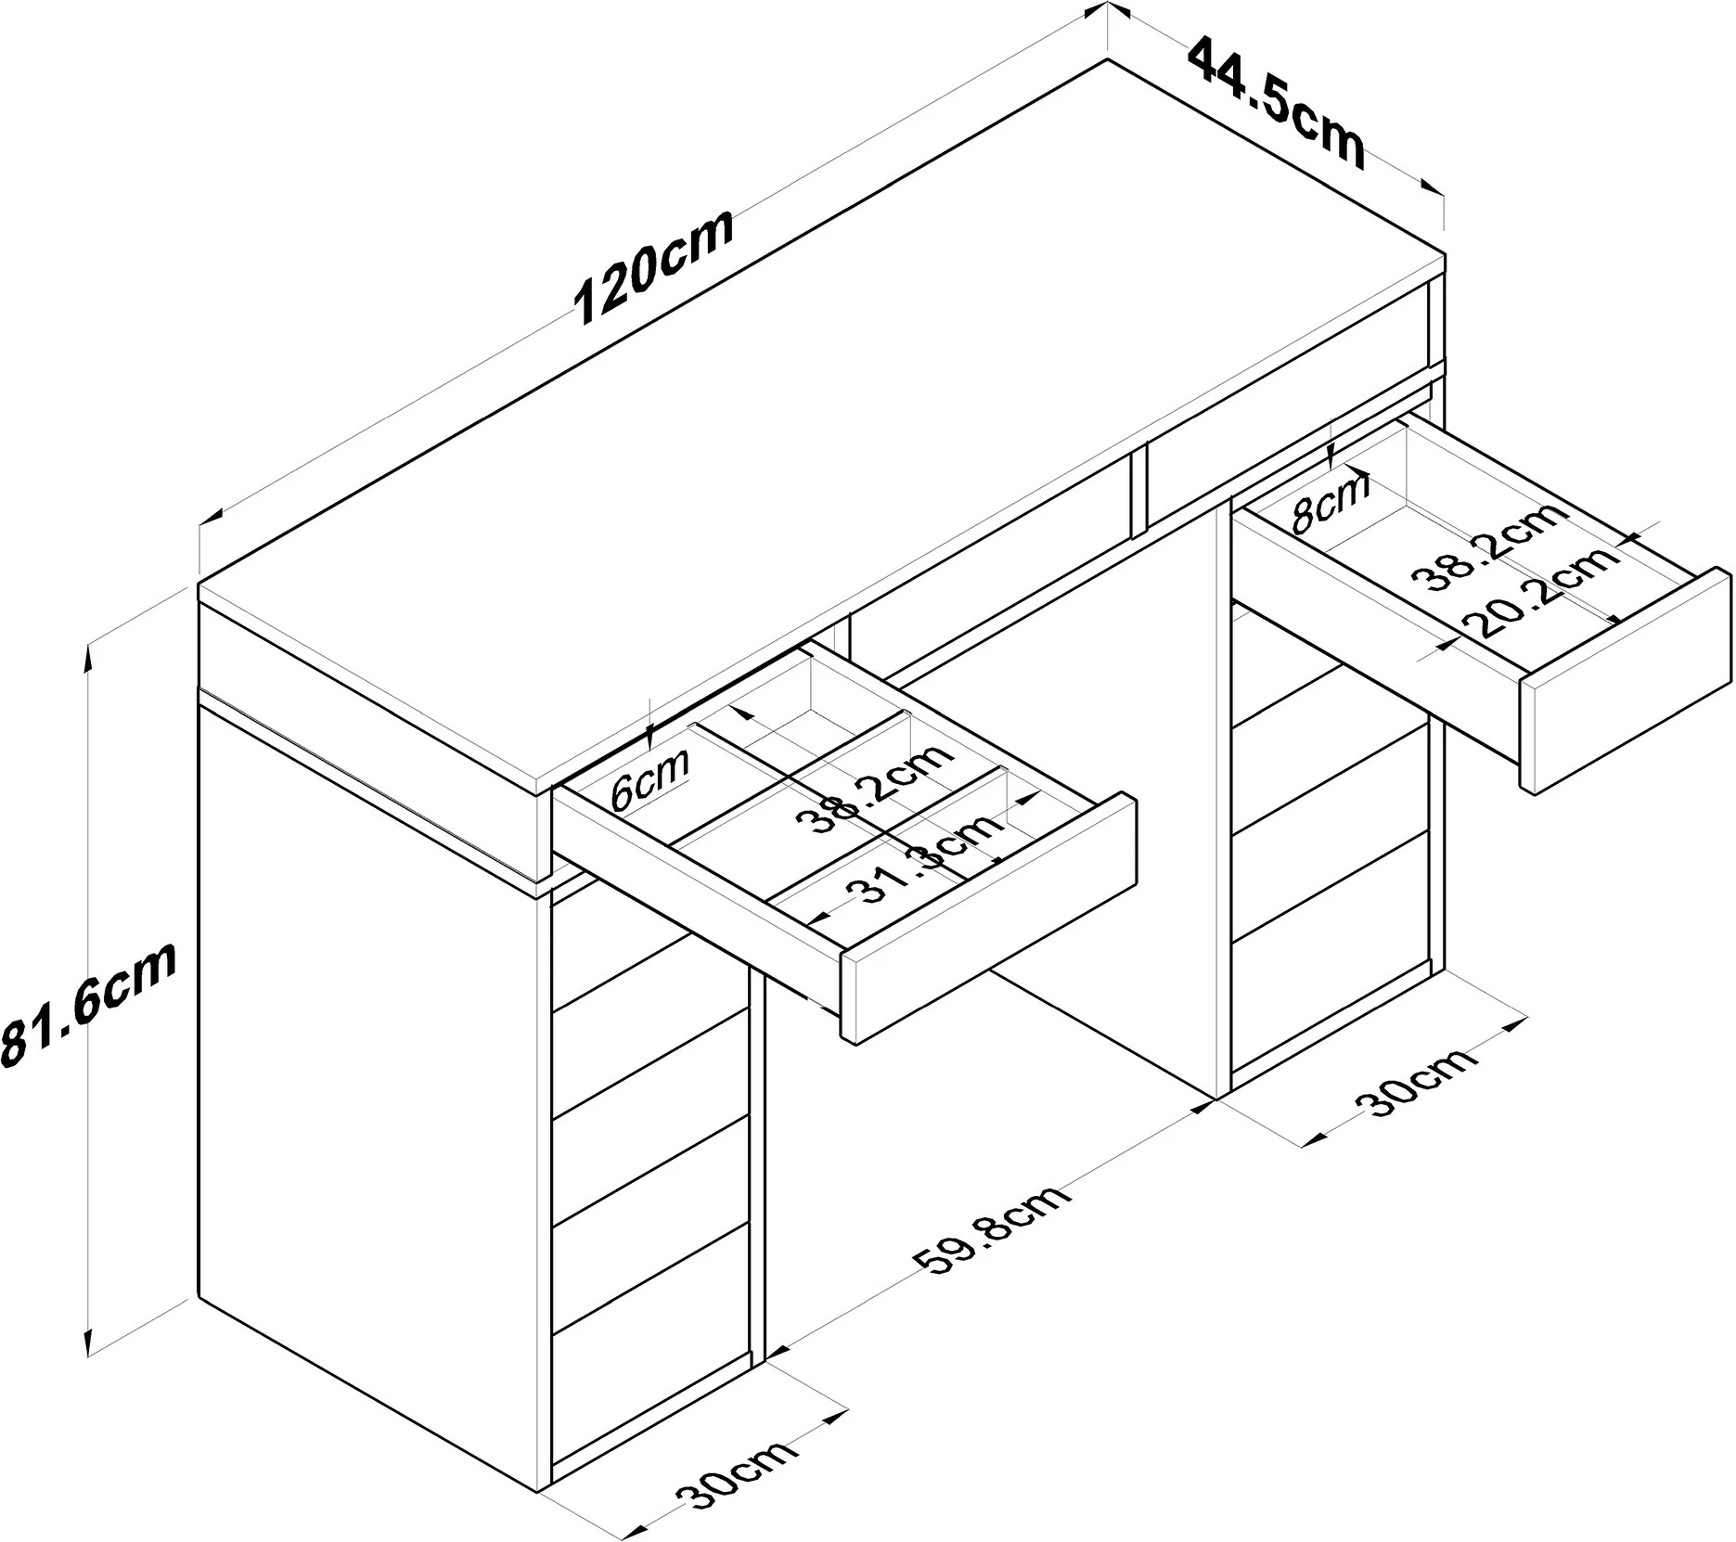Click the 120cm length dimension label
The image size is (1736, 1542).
point(655,265)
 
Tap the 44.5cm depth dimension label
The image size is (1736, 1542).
point(1277,101)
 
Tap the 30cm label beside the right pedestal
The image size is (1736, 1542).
point(1416,1082)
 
